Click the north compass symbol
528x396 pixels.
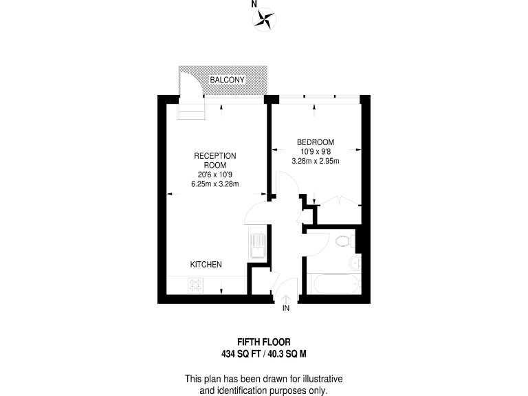click(263, 20)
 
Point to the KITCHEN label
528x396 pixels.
click(206, 265)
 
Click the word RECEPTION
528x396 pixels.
click(214, 156)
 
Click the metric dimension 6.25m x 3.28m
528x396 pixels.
click(214, 183)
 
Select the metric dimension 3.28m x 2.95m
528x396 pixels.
click(316, 161)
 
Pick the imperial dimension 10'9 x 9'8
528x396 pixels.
click(316, 152)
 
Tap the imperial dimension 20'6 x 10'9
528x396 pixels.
click(214, 174)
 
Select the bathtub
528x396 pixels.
click(331, 285)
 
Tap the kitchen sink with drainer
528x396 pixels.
click(258, 245)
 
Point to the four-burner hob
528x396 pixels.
click(195, 284)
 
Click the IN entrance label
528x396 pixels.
click(287, 309)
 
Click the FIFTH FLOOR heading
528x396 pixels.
click(264, 342)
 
